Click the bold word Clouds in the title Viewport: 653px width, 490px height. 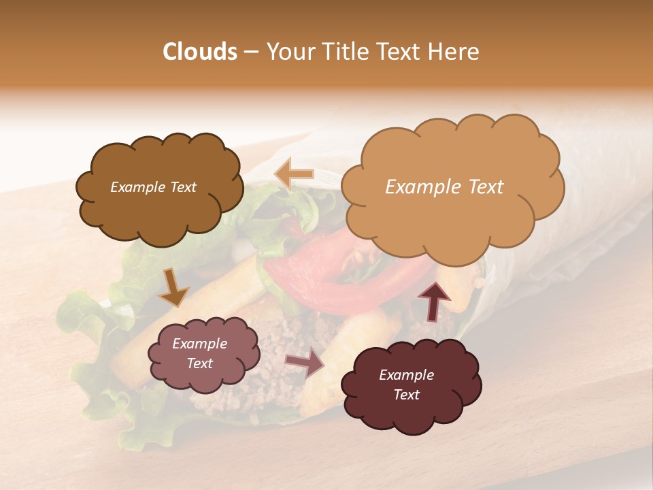[x=200, y=52]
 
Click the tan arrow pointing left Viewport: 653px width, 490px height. [x=295, y=174]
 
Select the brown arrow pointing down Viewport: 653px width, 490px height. [x=174, y=288]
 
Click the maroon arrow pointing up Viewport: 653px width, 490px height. [x=433, y=300]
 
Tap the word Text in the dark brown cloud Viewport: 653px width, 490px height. [x=182, y=187]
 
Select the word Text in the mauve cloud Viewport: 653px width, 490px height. [x=200, y=363]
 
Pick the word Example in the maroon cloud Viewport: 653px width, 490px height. [x=406, y=375]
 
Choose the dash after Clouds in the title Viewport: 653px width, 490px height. [x=250, y=52]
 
